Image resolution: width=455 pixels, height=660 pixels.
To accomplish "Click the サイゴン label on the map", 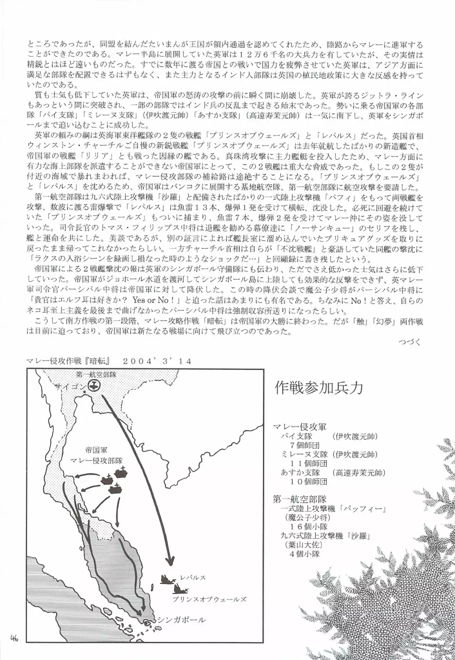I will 70,386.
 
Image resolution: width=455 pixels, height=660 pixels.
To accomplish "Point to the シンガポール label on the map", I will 181,620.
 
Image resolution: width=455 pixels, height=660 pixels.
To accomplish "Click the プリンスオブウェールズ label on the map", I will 210,599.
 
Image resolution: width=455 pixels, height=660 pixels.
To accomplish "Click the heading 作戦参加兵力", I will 318,388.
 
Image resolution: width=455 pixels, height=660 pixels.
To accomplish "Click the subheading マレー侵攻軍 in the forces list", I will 299,427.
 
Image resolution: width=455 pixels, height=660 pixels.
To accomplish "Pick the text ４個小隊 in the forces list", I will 305,553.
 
